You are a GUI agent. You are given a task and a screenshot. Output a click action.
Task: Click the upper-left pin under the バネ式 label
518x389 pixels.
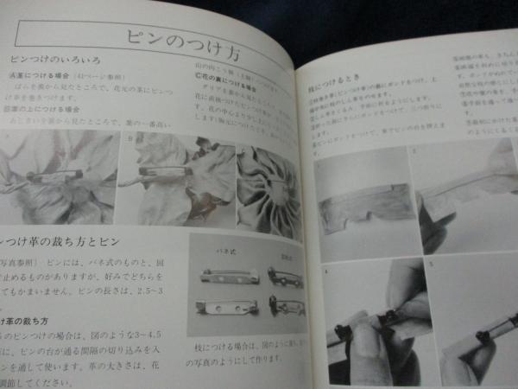point(220,277)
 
